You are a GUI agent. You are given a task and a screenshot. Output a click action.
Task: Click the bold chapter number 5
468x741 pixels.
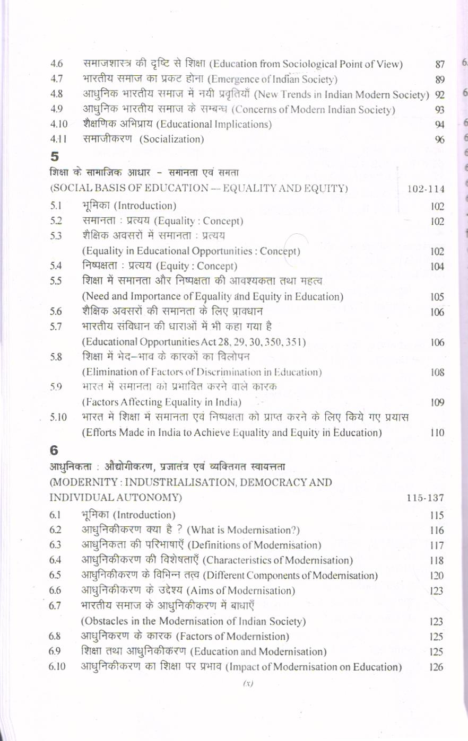pyautogui.click(x=54, y=156)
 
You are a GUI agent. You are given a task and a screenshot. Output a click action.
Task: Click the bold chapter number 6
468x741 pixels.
pyautogui.click(x=54, y=450)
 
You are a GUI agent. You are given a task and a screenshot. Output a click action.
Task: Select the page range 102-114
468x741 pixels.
pyautogui.click(x=426, y=189)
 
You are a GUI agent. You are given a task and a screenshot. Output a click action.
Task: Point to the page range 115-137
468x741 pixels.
pyautogui.click(x=425, y=498)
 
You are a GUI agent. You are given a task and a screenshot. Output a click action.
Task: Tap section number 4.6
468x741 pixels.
pyautogui.click(x=57, y=64)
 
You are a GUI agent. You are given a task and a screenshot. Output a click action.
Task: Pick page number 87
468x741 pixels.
pyautogui.click(x=439, y=65)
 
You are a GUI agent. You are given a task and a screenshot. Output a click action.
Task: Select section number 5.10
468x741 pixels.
pyautogui.click(x=58, y=418)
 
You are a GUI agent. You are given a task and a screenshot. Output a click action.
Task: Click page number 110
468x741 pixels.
pyautogui.click(x=437, y=433)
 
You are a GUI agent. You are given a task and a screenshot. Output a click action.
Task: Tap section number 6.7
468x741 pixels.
pyautogui.click(x=55, y=606)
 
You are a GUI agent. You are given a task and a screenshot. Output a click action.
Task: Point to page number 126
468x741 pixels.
pyautogui.click(x=436, y=667)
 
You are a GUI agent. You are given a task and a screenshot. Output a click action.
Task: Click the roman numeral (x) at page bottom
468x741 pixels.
pyautogui.click(x=248, y=683)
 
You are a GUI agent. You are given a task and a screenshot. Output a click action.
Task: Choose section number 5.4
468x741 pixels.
pyautogui.click(x=56, y=266)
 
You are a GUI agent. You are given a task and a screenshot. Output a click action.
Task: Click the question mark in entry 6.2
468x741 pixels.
pyautogui.click(x=180, y=530)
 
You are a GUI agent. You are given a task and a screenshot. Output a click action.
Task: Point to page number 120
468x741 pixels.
pyautogui.click(x=437, y=576)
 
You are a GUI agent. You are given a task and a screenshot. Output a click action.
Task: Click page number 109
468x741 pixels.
pyautogui.click(x=437, y=403)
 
